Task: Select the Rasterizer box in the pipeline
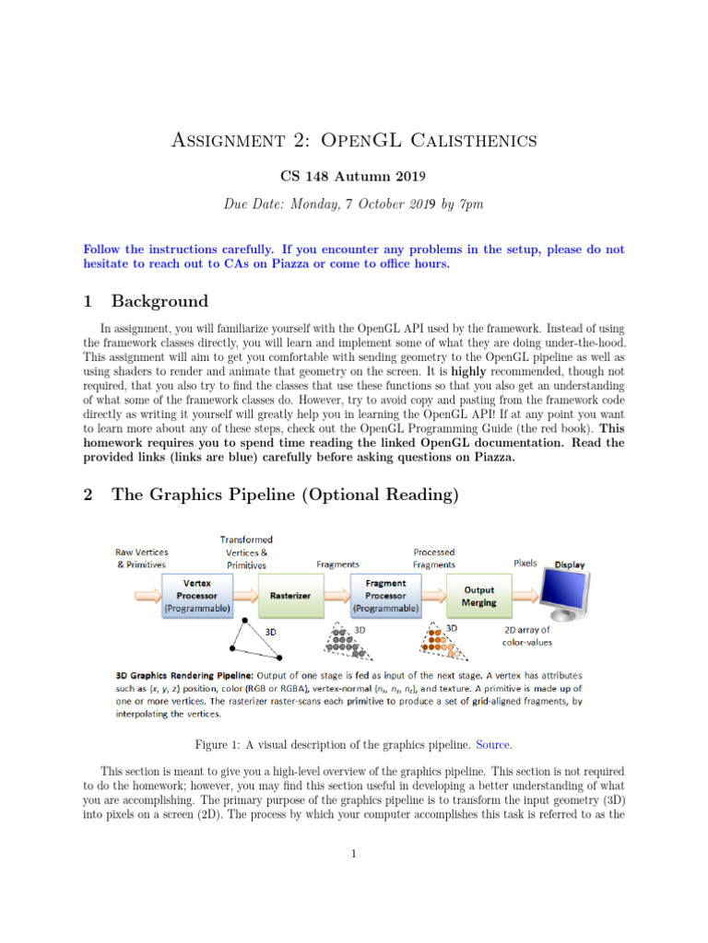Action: (x=289, y=596)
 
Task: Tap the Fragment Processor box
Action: (x=385, y=596)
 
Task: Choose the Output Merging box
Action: (x=478, y=596)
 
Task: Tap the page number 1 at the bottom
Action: (x=354, y=853)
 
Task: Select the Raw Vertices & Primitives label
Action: (x=141, y=557)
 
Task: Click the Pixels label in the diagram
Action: (x=525, y=563)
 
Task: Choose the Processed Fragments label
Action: (x=434, y=558)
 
